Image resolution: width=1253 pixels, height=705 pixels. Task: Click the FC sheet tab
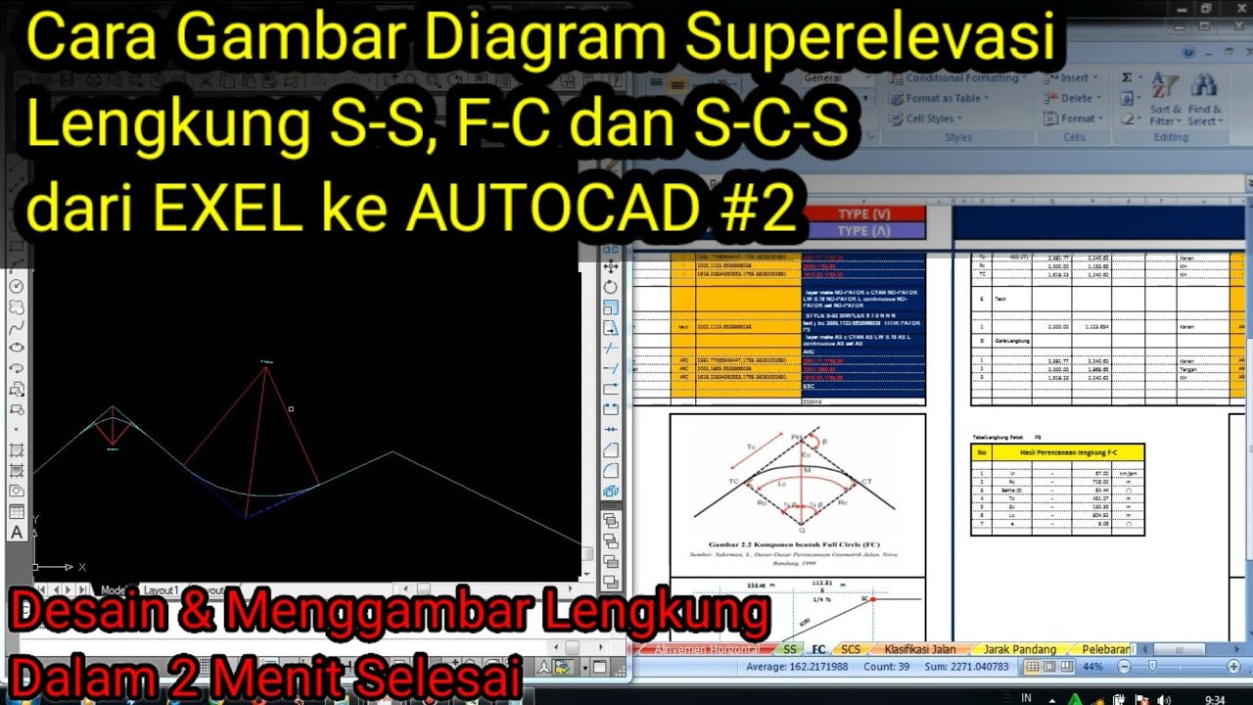point(818,649)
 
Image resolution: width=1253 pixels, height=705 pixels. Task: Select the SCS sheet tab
point(851,649)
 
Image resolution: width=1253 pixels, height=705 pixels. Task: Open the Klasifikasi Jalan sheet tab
point(919,649)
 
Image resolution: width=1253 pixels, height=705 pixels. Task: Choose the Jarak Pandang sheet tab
point(1020,649)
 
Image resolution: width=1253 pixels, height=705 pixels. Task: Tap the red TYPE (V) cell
point(863,213)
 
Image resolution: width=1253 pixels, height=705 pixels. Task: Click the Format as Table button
point(941,98)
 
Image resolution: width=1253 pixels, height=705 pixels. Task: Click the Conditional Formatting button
point(954,77)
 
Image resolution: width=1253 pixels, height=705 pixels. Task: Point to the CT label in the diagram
point(865,481)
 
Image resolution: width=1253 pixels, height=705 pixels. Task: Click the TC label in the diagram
point(732,482)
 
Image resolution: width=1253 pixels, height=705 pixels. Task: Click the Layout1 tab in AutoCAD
point(162,590)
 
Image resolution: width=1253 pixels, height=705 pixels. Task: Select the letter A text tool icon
point(17,533)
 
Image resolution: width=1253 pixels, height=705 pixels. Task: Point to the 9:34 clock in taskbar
point(1215,699)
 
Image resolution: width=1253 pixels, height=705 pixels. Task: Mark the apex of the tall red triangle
point(266,366)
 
